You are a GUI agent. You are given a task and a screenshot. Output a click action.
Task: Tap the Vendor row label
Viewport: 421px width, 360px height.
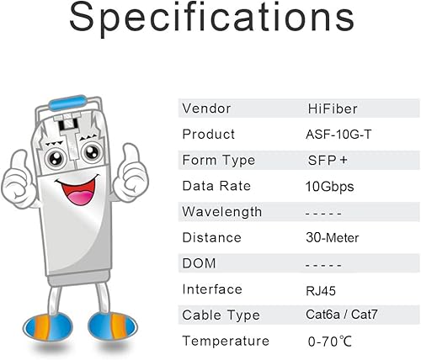(207, 109)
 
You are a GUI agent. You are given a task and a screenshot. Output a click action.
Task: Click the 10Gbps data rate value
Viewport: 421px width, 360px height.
(330, 186)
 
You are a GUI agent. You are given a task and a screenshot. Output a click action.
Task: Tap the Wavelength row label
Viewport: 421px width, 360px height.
(222, 211)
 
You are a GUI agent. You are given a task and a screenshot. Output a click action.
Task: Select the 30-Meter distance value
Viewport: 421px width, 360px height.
(333, 238)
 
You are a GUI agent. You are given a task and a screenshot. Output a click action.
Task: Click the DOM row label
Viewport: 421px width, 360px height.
(200, 263)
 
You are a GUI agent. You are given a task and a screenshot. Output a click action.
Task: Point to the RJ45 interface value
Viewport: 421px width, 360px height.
(322, 290)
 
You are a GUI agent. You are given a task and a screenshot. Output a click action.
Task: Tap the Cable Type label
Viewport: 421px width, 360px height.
(221, 315)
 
